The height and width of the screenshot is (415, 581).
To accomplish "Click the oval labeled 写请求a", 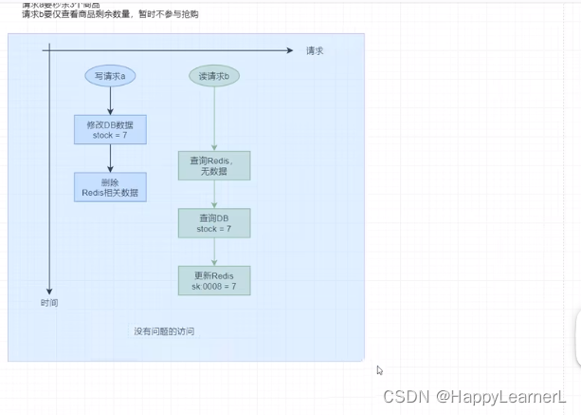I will [x=110, y=76].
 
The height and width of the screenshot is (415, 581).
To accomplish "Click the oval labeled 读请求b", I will [x=214, y=76].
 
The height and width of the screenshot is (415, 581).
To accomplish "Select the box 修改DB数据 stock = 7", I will [x=110, y=129].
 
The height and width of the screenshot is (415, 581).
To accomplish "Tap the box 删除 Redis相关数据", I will [x=110, y=187].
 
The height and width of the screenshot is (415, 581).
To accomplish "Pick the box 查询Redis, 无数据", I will [x=214, y=165].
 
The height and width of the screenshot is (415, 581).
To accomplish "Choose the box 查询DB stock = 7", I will [x=214, y=223].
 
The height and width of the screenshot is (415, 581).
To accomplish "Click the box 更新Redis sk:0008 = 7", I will [x=214, y=280].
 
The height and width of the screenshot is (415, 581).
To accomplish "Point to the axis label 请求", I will [x=315, y=50].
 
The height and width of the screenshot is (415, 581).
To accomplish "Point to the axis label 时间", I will [x=49, y=303].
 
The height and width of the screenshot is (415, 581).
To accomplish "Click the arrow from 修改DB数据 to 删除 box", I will [x=110, y=158].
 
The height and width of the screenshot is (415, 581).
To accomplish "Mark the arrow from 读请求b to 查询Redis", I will [x=214, y=119].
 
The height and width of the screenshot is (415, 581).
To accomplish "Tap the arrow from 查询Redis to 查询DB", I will [x=214, y=195].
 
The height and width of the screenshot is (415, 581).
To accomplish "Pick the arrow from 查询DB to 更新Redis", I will [x=214, y=252].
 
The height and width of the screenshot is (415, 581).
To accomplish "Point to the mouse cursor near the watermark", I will [x=379, y=370].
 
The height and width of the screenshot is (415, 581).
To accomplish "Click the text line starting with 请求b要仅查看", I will [x=110, y=14].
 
